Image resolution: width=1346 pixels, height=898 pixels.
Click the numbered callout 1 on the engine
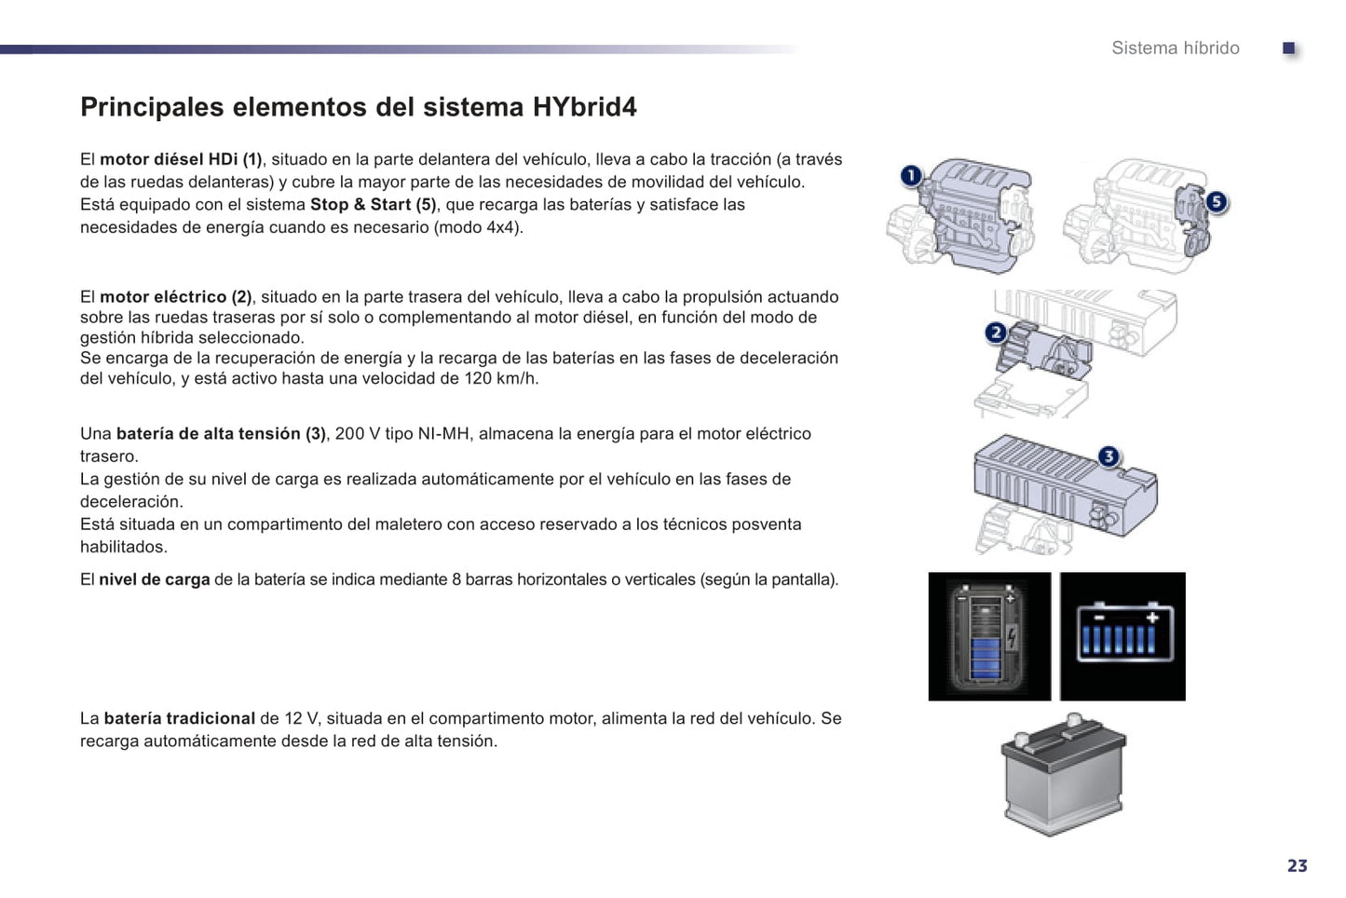[x=911, y=175]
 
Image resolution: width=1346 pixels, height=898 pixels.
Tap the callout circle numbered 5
[x=1217, y=201]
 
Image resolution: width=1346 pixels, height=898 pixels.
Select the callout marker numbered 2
[x=996, y=333]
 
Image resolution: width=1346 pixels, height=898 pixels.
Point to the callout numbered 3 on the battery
[x=1108, y=456]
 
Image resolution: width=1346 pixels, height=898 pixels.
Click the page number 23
[x=1298, y=865]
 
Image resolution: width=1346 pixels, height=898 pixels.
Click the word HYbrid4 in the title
[x=584, y=107]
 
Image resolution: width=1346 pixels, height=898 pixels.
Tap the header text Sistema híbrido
[x=1176, y=48]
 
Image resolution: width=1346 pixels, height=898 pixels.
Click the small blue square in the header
[x=1288, y=48]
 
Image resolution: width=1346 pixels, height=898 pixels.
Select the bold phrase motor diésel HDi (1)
[x=181, y=159]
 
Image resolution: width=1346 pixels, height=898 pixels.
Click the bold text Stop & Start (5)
[x=374, y=204]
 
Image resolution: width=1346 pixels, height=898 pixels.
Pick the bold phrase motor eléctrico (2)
[x=175, y=297]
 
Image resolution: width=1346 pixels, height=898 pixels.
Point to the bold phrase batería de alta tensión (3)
[x=221, y=433]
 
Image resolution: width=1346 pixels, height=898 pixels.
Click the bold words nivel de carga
[x=155, y=579]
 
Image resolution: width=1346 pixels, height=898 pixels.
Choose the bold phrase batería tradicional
[x=180, y=718]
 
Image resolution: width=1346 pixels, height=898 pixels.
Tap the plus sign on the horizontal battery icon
[x=1152, y=618]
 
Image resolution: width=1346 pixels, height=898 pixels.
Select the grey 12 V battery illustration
[x=1063, y=774]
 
